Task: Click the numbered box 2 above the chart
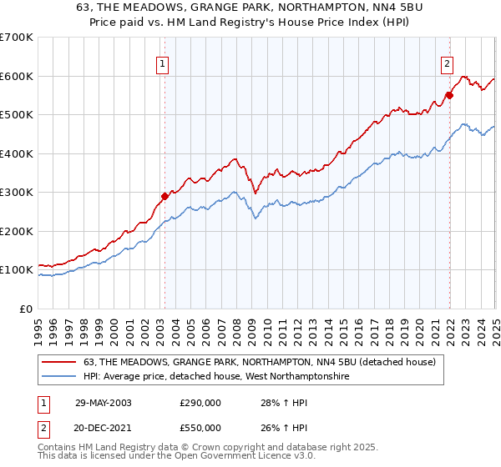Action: (447, 62)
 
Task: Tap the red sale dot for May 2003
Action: (164, 196)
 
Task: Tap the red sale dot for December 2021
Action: (449, 95)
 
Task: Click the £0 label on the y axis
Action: (26, 309)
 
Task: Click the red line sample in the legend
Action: (59, 362)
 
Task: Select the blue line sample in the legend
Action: (59, 377)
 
